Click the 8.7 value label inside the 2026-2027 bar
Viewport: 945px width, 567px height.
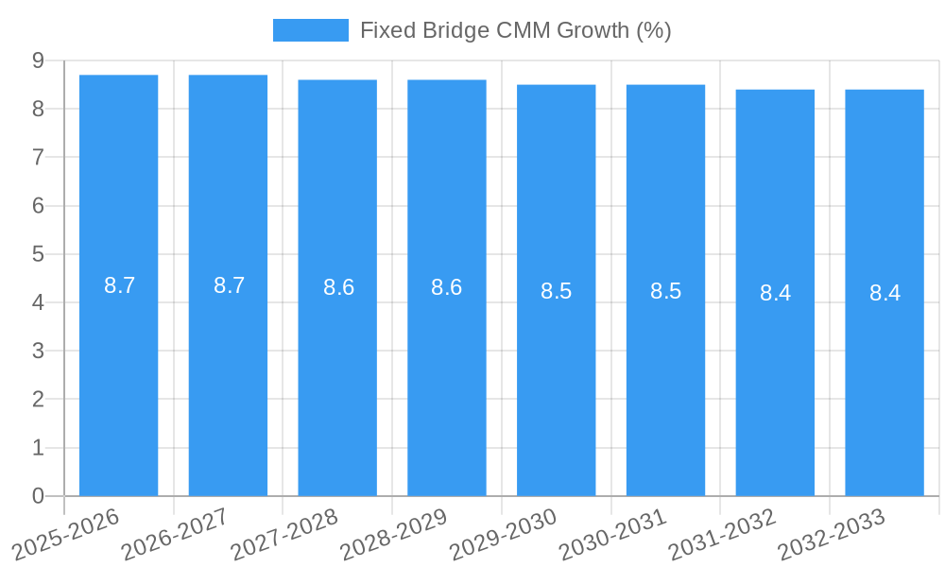(229, 285)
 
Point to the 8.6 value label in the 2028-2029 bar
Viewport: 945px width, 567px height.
(446, 287)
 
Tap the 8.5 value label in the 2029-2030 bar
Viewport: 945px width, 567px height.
(556, 291)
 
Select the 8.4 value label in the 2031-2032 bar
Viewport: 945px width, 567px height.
(775, 293)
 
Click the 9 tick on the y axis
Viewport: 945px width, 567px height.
(38, 60)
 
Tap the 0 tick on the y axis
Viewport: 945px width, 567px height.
(38, 496)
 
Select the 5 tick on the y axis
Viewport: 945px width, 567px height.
(38, 254)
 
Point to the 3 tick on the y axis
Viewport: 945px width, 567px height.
(38, 351)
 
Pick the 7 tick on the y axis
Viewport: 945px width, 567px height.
(38, 157)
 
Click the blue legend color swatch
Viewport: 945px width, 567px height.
(310, 30)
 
